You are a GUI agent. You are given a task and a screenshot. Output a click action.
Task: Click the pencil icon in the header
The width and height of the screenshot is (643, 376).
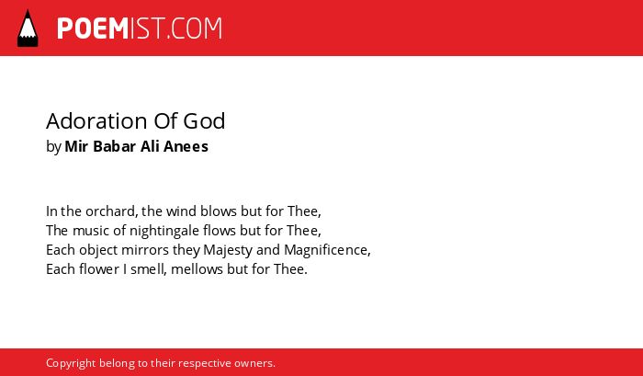tap(28, 28)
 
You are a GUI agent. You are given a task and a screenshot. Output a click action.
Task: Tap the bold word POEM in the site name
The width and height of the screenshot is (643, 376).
tap(93, 28)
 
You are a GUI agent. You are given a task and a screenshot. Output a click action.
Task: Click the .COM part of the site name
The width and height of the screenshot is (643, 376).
tap(194, 28)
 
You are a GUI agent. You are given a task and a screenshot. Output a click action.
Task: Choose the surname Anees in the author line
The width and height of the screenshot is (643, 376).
tap(186, 146)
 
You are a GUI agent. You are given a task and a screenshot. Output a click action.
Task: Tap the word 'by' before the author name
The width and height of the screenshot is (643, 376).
tap(53, 147)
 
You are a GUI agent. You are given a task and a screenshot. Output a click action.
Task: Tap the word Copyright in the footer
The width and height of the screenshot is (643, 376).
tap(71, 364)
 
